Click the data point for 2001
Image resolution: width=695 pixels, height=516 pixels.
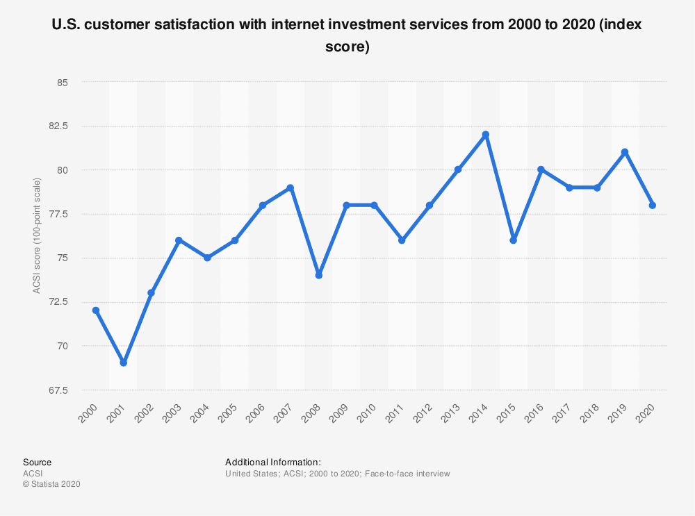pyautogui.click(x=124, y=363)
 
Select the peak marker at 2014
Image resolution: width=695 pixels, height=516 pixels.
pyautogui.click(x=486, y=135)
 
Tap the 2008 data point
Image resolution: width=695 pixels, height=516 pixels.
pyautogui.click(x=318, y=275)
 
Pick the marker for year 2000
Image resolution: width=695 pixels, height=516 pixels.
pyautogui.click(x=96, y=310)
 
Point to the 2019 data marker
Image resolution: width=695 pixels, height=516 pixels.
pyautogui.click(x=625, y=152)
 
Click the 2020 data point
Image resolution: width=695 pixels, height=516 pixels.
pyautogui.click(x=653, y=205)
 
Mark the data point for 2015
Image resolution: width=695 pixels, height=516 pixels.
pyautogui.click(x=514, y=240)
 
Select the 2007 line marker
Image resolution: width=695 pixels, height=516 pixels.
pyautogui.click(x=291, y=188)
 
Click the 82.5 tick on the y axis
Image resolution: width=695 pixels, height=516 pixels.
pyautogui.click(x=60, y=126)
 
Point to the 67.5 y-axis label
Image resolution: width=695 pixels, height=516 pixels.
pyautogui.click(x=60, y=390)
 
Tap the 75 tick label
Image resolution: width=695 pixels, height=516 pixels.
pyautogui.click(x=64, y=258)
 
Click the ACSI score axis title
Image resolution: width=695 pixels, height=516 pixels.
pyautogui.click(x=37, y=236)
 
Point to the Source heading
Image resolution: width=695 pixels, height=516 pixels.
pyautogui.click(x=37, y=462)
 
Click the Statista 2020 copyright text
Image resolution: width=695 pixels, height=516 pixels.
pyautogui.click(x=51, y=485)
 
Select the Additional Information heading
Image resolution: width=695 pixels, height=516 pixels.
pyautogui.click(x=272, y=462)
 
